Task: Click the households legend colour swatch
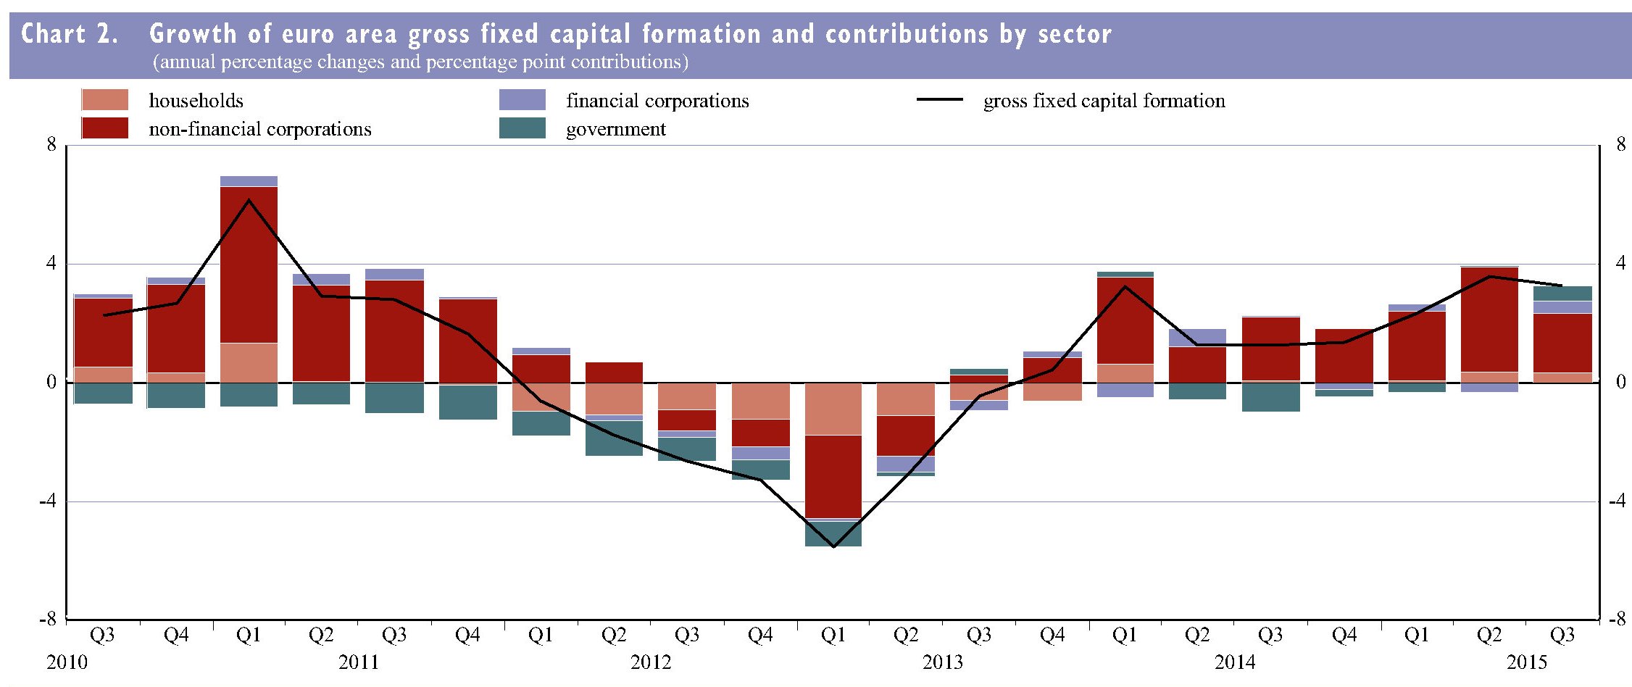point(104,100)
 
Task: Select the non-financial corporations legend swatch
point(104,128)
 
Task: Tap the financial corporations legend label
point(657,101)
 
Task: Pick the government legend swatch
point(522,128)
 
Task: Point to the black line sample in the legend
point(939,100)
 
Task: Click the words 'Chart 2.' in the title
point(70,34)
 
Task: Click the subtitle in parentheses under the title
point(420,62)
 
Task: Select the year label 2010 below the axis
point(67,662)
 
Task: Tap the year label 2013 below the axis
point(942,662)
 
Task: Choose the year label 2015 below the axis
point(1527,662)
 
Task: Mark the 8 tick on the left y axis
point(51,144)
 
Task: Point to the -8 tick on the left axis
point(48,619)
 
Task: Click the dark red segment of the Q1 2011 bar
point(249,265)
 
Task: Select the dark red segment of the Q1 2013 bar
point(833,476)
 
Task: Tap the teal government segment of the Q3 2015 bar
point(1562,293)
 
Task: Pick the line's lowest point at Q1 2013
point(833,546)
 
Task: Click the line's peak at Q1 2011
point(249,200)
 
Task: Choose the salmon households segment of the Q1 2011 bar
point(249,362)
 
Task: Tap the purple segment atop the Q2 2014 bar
point(1197,338)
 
